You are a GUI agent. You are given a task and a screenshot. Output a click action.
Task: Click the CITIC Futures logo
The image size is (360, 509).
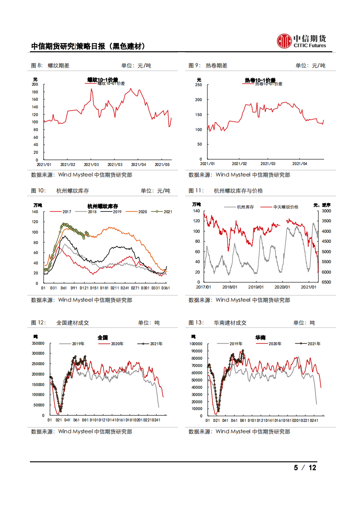click(x=301, y=41)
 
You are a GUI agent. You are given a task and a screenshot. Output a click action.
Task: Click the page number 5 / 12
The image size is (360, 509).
click(x=305, y=468)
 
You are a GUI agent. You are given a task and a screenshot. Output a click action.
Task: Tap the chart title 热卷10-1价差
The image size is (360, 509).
click(x=260, y=80)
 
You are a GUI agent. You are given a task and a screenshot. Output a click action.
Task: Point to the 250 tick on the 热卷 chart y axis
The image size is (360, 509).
click(x=198, y=85)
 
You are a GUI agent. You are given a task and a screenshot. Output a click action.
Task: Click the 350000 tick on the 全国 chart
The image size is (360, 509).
click(x=38, y=343)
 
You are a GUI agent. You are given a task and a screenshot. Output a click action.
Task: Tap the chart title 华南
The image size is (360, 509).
click(x=260, y=338)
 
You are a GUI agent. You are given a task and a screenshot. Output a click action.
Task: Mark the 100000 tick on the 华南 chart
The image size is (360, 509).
click(x=195, y=343)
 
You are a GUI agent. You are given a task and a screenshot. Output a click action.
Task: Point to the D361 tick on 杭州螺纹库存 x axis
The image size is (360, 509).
click(x=166, y=288)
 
